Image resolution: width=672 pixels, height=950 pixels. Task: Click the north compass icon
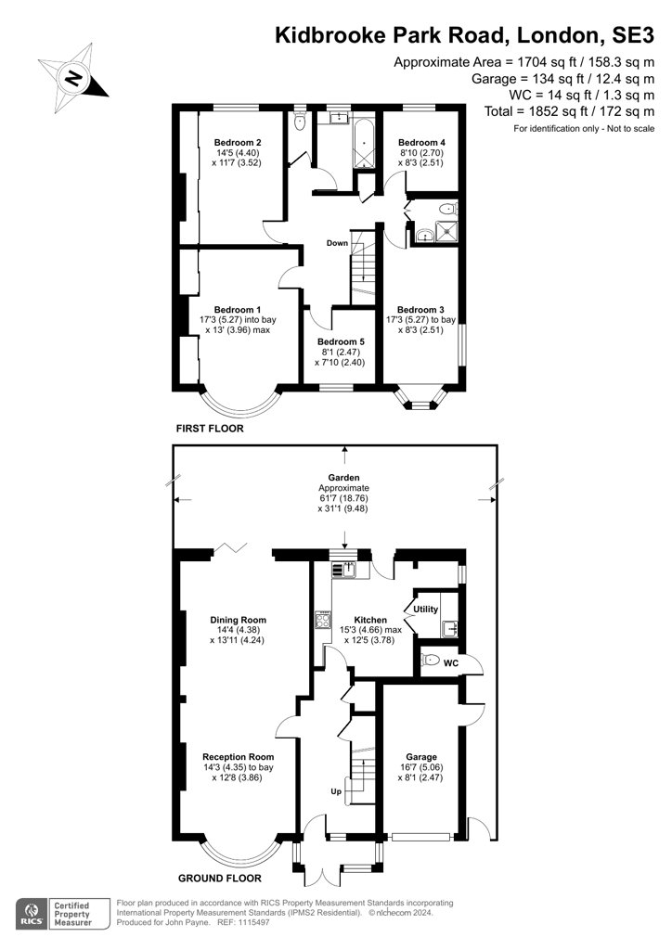click(71, 75)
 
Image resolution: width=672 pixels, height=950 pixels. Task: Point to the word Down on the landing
click(337, 243)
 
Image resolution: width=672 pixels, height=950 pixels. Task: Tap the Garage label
click(420, 757)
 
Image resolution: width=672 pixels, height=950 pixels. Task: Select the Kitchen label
click(369, 620)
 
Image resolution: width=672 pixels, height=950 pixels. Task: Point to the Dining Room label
click(238, 620)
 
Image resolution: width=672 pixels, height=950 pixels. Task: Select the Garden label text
click(343, 477)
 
